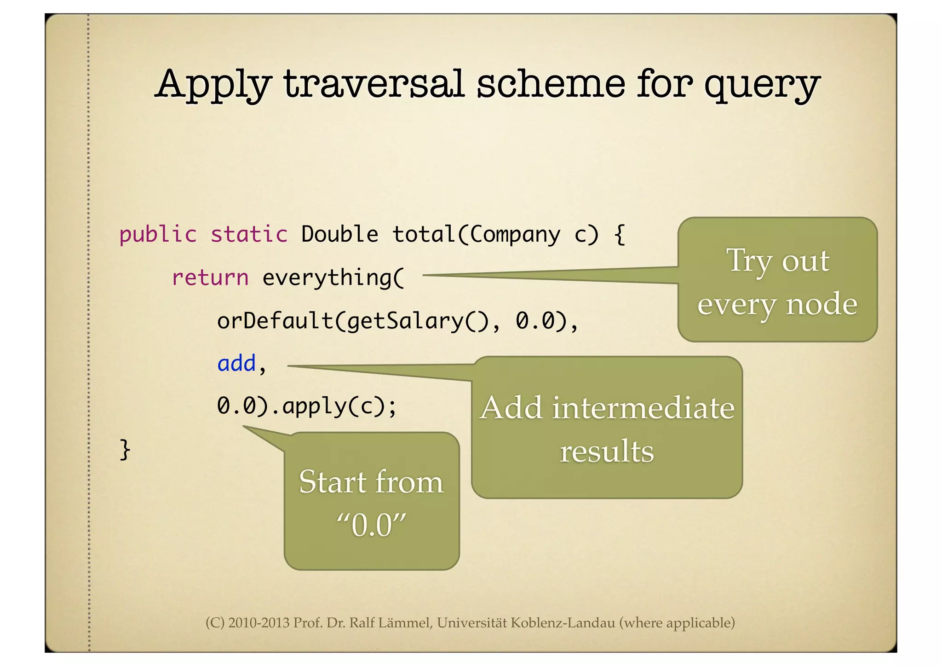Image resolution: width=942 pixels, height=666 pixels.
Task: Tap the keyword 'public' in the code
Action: (x=158, y=235)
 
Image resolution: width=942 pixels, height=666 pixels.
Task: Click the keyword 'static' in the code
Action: (x=249, y=235)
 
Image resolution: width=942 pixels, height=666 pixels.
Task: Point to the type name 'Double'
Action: (x=339, y=235)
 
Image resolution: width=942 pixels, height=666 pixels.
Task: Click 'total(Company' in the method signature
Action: (x=476, y=235)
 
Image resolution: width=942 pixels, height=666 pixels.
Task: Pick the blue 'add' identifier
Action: (x=236, y=364)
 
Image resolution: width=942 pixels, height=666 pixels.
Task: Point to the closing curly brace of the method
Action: (x=125, y=450)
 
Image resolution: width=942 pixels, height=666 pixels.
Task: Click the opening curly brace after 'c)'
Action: (x=620, y=235)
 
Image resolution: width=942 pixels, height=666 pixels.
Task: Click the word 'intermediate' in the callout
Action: (x=643, y=408)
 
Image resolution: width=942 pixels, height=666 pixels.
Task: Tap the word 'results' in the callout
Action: (x=607, y=451)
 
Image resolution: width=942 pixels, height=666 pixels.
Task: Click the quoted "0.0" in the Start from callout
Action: (x=371, y=525)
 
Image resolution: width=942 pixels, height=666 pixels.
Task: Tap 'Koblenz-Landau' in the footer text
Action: (x=563, y=623)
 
